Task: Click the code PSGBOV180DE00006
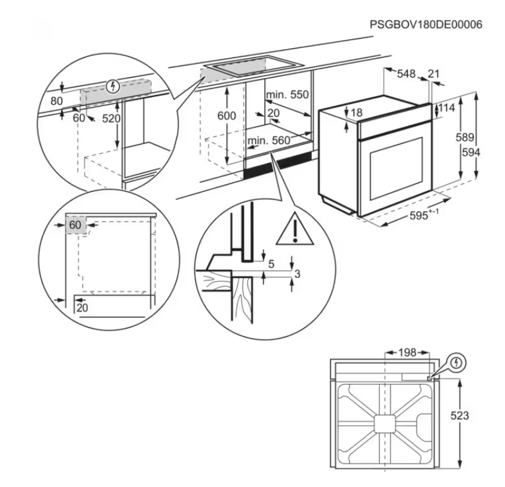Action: pos(426,25)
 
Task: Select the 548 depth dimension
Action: pos(406,74)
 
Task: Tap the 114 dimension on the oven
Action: pos(446,108)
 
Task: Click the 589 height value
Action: pos(464,137)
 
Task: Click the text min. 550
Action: pos(287,95)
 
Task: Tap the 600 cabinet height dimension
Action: pos(226,115)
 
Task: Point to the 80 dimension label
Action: pos(56,101)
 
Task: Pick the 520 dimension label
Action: pos(111,119)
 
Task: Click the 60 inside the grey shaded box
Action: pos(74,225)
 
